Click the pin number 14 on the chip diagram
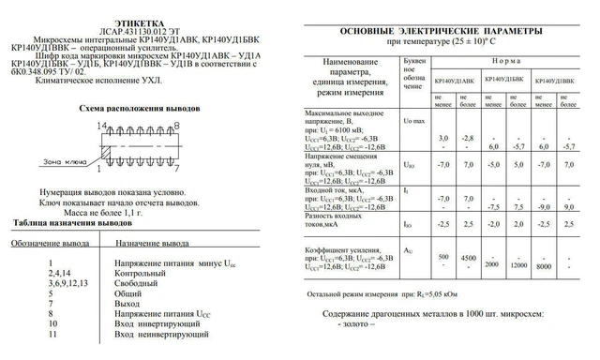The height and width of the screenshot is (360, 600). (x=101, y=125)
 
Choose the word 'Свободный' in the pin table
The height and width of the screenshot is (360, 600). (x=140, y=281)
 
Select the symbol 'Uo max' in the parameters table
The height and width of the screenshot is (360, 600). (x=414, y=123)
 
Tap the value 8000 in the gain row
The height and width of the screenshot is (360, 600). (x=544, y=265)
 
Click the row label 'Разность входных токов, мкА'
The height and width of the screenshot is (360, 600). (x=336, y=222)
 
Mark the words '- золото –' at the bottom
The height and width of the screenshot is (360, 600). (x=440, y=324)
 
